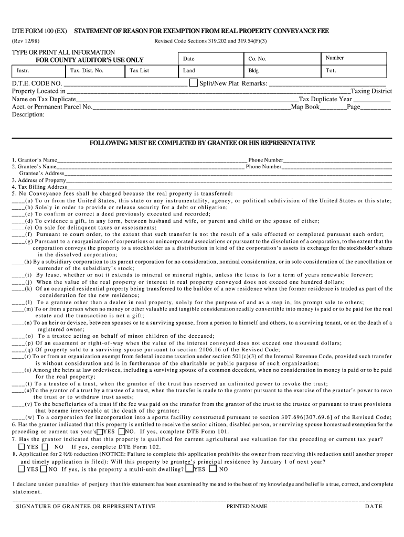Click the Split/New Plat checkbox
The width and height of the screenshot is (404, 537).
[193, 83]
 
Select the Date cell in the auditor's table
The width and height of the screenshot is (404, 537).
[210, 59]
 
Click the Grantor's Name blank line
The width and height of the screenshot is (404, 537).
[152, 160]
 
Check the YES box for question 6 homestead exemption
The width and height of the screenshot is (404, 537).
[100, 431]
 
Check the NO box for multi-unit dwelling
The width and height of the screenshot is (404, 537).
[212, 469]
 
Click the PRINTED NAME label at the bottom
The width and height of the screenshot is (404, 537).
[247, 507]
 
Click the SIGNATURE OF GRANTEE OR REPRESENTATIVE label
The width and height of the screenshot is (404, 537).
[86, 507]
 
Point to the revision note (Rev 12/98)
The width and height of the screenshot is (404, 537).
[26, 41]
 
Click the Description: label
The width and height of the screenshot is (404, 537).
[28, 114]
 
